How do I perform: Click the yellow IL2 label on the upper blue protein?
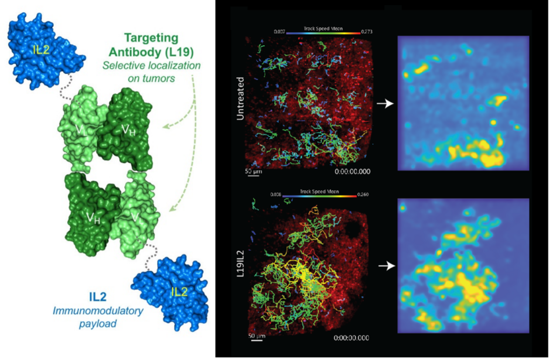coord(40,50)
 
